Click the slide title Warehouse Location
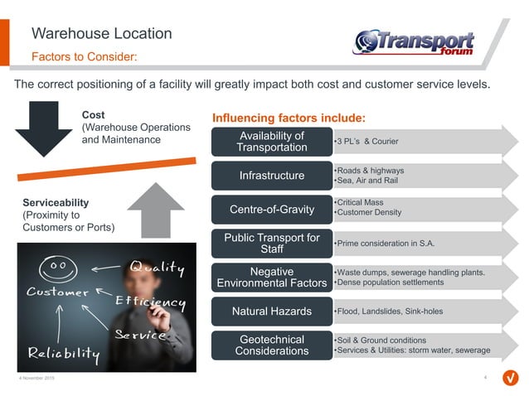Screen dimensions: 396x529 [101, 34]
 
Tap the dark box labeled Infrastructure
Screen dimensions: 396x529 [271, 176]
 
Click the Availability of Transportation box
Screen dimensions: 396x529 [271, 142]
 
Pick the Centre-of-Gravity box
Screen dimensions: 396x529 [271, 209]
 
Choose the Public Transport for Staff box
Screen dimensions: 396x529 [271, 244]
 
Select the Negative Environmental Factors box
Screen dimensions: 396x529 [271, 278]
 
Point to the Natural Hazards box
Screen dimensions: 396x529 [271, 312]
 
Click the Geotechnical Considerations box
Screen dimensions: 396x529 [271, 345]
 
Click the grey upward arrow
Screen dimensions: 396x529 [156, 208]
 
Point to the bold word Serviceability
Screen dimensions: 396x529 [56, 202]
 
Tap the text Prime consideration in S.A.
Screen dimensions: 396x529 [383, 244]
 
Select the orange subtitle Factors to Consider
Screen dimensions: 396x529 [84, 57]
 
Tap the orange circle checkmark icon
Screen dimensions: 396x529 [511, 379]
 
